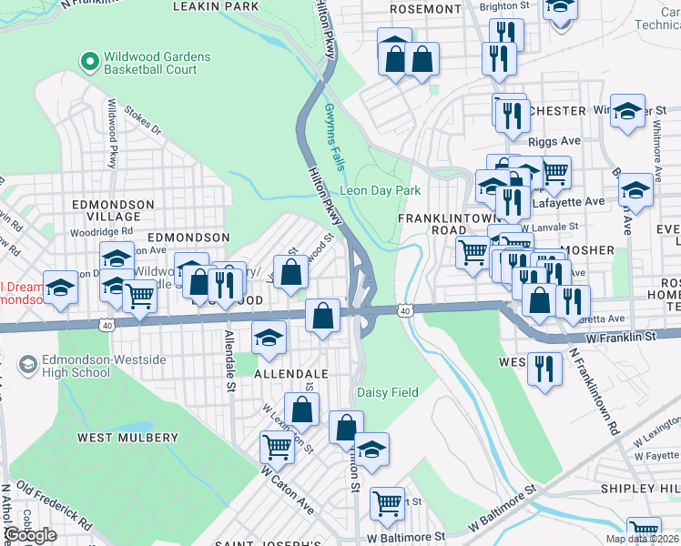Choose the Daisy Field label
(387, 392)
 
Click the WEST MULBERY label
(127, 438)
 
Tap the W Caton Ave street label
(287, 490)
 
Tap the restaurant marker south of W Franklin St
(544, 368)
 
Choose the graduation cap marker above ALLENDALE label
(268, 337)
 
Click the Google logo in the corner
(31, 535)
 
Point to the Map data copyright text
(642, 539)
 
